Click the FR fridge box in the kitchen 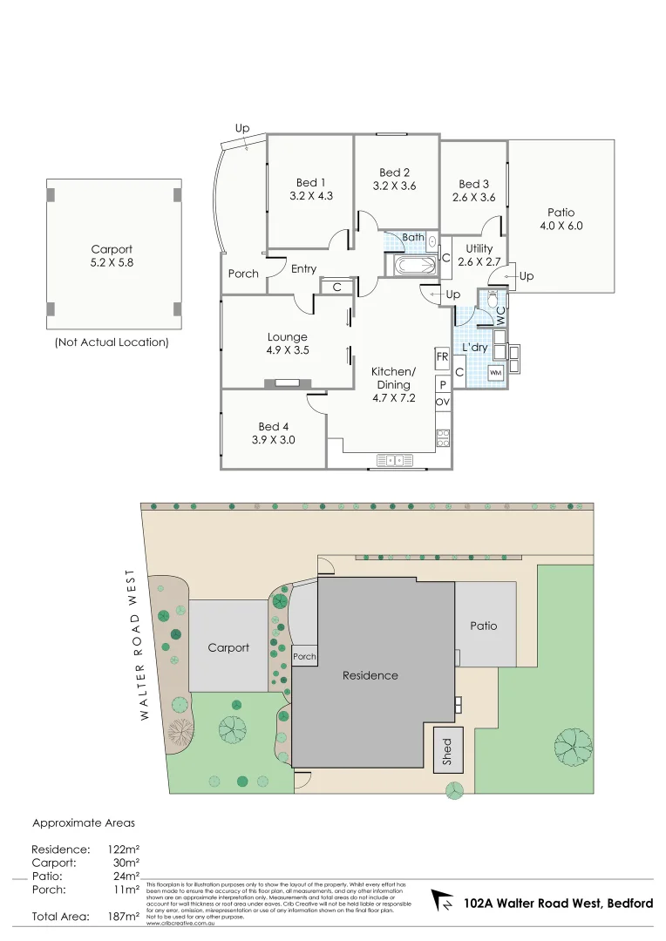click(442, 356)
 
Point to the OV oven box click(442, 402)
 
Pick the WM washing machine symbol click(495, 373)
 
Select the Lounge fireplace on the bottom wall click(287, 382)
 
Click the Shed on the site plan click(448, 749)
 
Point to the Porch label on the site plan click(304, 657)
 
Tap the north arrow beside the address click(444, 902)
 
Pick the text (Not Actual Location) click(112, 342)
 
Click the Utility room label click(479, 249)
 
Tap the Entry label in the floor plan click(303, 269)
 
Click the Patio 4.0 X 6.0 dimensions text click(561, 226)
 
